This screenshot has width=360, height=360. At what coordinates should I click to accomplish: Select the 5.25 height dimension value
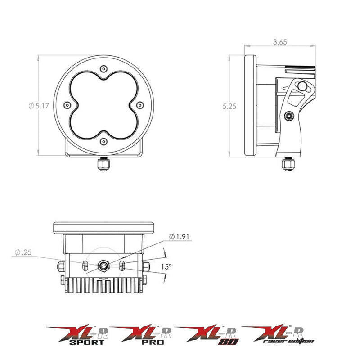coord(229,107)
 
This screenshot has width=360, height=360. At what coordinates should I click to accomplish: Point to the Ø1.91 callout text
coord(179,237)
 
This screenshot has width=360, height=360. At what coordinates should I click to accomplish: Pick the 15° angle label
coord(166,266)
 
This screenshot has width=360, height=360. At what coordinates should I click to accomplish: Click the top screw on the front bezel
coord(104,68)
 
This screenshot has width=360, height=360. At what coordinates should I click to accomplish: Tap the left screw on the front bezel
coord(67,104)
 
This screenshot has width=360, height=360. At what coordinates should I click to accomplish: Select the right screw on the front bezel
coord(139,104)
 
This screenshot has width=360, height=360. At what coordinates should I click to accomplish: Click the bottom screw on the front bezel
coord(104,141)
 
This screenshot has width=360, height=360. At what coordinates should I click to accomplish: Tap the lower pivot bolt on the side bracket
coord(288,117)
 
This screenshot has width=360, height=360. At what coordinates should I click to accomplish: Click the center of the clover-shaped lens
coord(104,105)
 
